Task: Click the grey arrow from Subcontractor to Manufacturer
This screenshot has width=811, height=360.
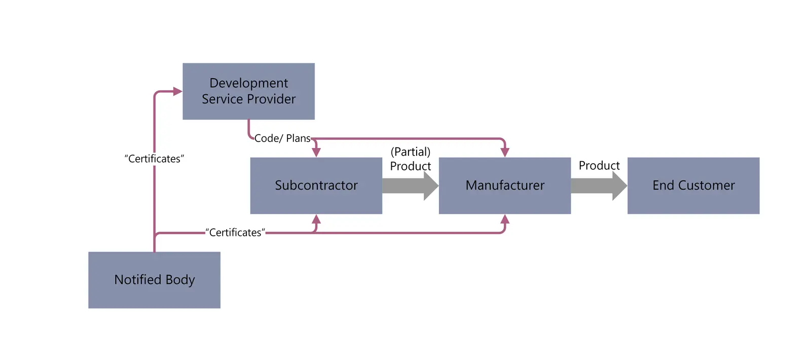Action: pyautogui.click(x=410, y=186)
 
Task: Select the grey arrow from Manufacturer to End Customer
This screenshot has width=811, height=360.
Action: pyautogui.click(x=598, y=186)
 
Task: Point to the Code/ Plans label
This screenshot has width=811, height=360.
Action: pyautogui.click(x=282, y=138)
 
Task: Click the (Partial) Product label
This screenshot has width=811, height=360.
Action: pyautogui.click(x=410, y=159)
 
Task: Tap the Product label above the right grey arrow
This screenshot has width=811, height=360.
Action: pyautogui.click(x=599, y=166)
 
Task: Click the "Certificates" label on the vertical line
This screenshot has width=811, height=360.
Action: pyautogui.click(x=154, y=159)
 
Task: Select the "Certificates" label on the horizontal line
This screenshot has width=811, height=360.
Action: pyautogui.click(x=235, y=233)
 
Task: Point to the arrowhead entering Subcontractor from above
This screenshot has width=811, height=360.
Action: pyautogui.click(x=316, y=152)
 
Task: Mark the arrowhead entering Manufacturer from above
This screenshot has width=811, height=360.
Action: pyautogui.click(x=504, y=152)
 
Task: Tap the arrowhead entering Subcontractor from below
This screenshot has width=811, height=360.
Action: pyautogui.click(x=316, y=219)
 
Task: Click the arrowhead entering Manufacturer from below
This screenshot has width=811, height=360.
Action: pyautogui.click(x=504, y=219)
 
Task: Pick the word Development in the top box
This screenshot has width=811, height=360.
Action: pyautogui.click(x=248, y=83)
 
